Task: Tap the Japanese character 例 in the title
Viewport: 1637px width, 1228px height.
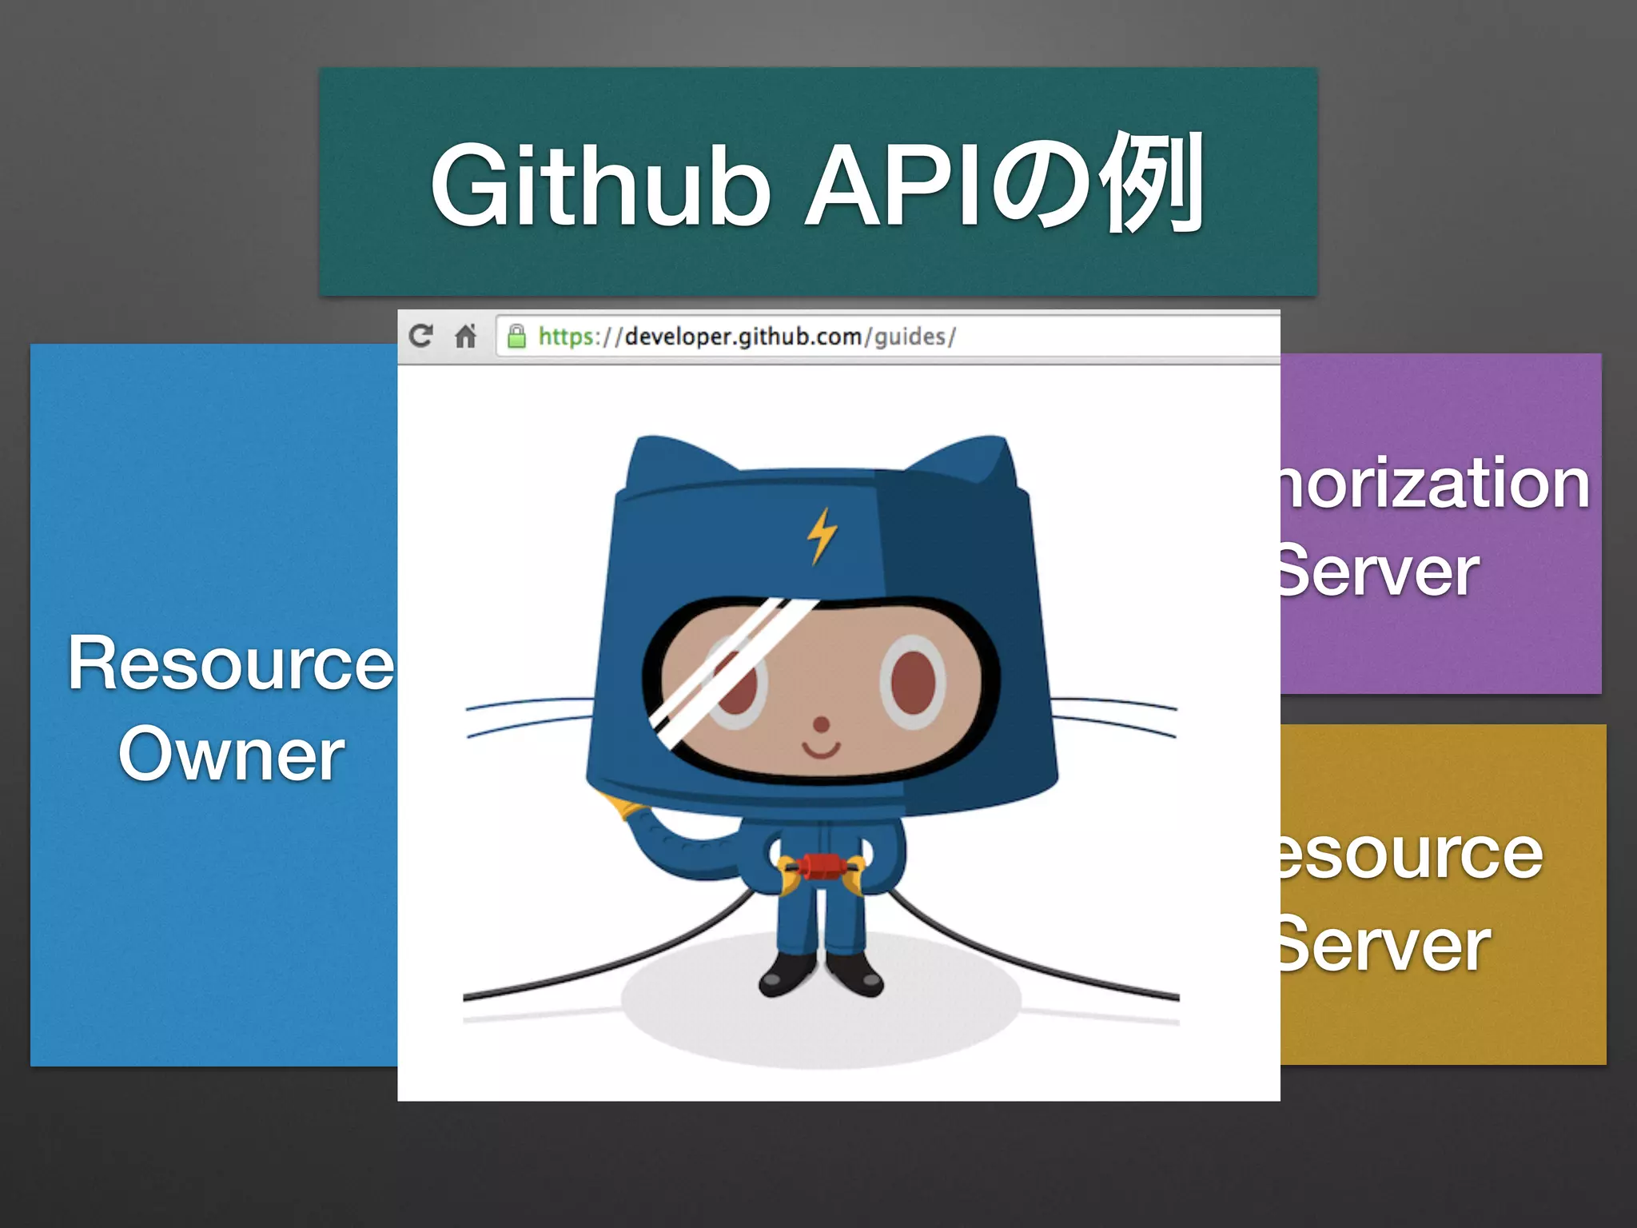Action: (x=1152, y=183)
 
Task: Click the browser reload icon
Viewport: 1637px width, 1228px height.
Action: (x=421, y=336)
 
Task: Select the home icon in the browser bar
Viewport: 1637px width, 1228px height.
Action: (x=465, y=336)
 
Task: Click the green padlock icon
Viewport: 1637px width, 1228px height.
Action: (x=517, y=337)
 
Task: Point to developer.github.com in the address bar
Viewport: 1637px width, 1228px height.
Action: (x=743, y=337)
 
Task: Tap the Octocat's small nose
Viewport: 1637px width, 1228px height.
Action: (x=821, y=724)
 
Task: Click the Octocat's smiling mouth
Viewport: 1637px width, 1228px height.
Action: (x=821, y=750)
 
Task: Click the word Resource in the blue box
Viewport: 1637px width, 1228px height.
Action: (x=231, y=663)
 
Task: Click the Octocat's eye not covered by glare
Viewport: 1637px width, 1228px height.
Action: (x=913, y=682)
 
